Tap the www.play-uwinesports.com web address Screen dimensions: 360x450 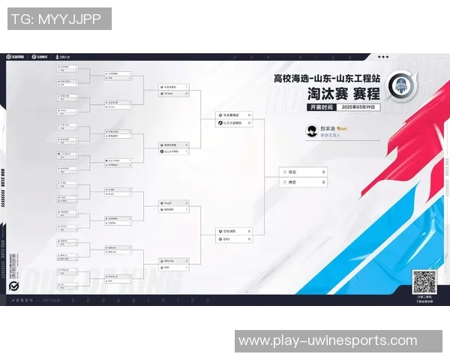tap(327, 340)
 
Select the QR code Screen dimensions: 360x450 tap(424, 282)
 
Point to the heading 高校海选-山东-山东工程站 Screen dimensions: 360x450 tap(327, 78)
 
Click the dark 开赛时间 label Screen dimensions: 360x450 tap(321, 107)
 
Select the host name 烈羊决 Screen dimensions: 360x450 tap(327, 128)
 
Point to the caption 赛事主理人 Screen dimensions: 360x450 tap(330, 135)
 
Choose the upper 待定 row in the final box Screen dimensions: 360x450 tap(303, 172)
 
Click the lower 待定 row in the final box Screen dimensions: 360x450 tap(303, 181)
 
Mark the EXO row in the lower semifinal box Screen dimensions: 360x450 tap(233, 239)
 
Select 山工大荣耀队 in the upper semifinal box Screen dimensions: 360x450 tap(233, 122)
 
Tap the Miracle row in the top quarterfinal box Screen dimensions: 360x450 tap(173, 94)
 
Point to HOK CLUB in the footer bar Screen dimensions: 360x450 tap(52, 299)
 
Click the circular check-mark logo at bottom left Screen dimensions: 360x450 tap(13, 286)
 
